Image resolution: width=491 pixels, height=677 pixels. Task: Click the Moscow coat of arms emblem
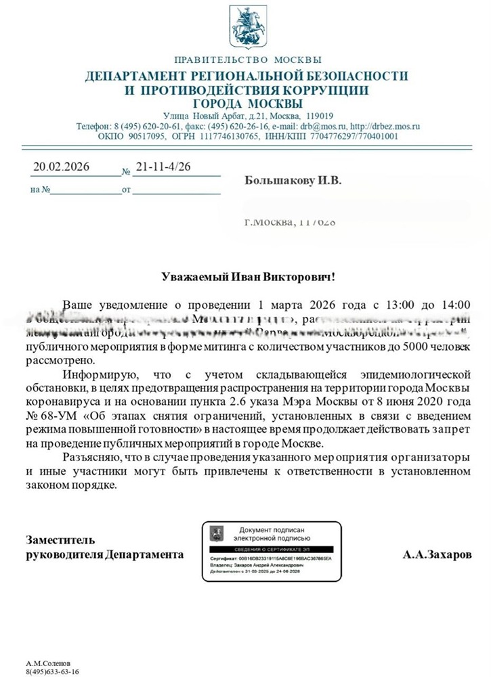click(245, 25)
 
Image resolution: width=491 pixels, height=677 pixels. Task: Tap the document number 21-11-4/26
click(163, 167)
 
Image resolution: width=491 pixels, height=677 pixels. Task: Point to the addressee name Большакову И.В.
click(293, 181)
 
